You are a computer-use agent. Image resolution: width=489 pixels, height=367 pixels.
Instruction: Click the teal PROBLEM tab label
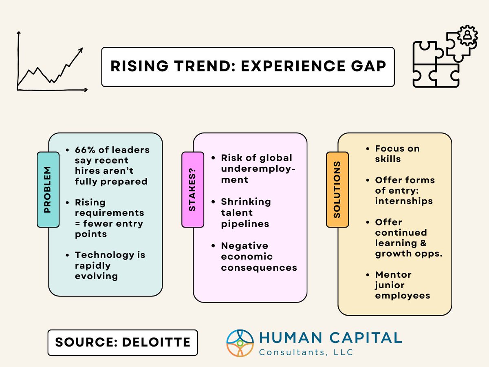(x=48, y=189)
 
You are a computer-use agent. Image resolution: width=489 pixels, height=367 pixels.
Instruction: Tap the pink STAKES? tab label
(x=192, y=189)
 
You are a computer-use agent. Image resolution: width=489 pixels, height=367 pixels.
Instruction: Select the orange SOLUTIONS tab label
(x=337, y=189)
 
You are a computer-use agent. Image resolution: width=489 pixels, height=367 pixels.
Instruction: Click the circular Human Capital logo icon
(x=240, y=343)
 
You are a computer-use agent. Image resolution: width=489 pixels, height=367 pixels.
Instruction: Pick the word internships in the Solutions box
(x=404, y=201)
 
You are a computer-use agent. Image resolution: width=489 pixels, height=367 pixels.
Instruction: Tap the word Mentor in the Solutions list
(x=393, y=274)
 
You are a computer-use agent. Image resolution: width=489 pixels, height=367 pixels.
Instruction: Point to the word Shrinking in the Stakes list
(x=246, y=201)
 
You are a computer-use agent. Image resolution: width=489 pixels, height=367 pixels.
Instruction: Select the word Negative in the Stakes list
(x=244, y=246)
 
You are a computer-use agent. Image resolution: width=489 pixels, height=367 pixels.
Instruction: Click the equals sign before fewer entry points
(x=78, y=223)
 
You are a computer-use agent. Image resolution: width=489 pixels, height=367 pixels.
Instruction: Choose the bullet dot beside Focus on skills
(x=368, y=148)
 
